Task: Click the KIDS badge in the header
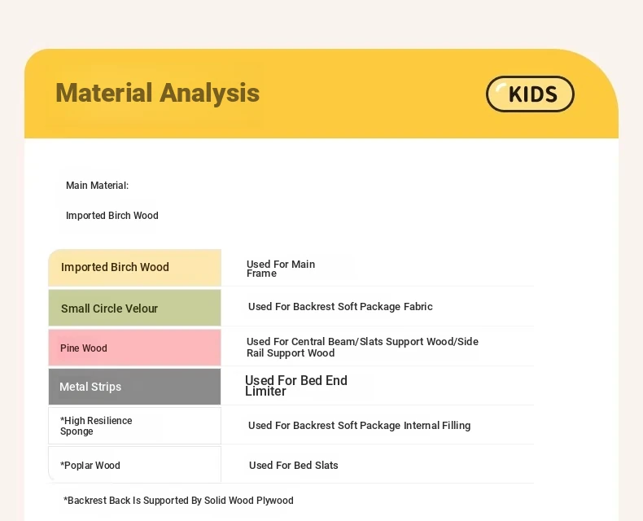530,94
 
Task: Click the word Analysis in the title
209,93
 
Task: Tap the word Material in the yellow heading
104,92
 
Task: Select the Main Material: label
97,186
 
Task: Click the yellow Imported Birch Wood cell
134,268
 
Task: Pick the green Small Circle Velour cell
134,308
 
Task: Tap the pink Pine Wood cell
134,347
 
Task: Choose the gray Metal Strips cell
134,387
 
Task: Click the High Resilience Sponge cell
134,426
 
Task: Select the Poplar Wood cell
134,464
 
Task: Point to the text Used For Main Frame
281,269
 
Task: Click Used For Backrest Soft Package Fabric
340,306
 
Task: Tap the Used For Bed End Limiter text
296,386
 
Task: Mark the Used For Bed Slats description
294,465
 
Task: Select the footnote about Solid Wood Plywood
178,501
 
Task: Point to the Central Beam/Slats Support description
362,347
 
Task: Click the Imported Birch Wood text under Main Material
112,216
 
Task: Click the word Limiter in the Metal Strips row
265,392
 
